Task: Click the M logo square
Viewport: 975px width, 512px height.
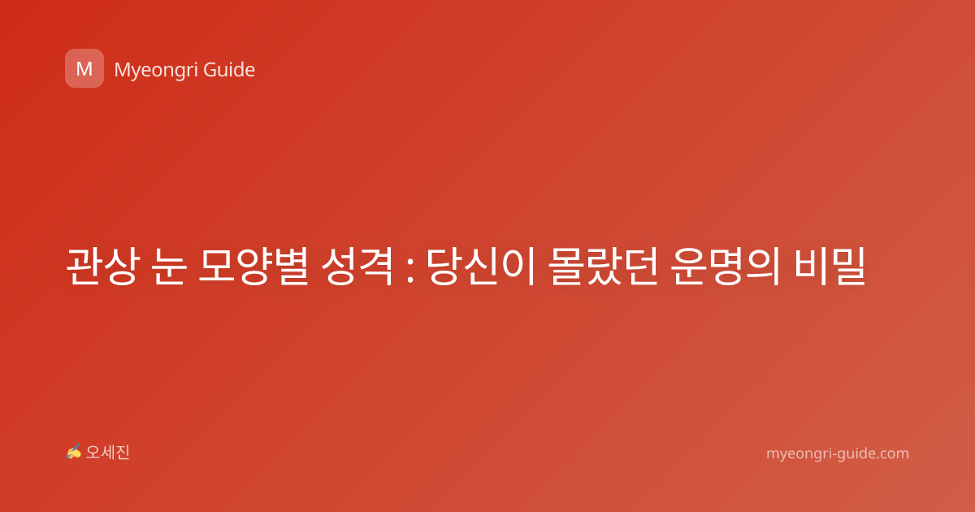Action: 84,68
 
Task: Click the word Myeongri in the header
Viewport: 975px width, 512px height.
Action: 155,71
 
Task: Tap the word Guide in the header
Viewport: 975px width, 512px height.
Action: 229,70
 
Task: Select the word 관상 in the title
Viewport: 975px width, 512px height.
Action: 102,266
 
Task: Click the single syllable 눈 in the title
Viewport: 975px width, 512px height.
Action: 169,266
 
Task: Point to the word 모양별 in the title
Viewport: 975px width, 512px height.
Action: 253,266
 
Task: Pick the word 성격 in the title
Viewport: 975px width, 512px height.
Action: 357,266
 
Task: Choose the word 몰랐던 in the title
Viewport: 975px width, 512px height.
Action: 602,266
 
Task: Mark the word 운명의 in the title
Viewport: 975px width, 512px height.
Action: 725,266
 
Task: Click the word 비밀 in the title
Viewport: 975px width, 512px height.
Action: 830,266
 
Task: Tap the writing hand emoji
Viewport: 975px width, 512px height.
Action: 74,452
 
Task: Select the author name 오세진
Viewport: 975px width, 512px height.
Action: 107,453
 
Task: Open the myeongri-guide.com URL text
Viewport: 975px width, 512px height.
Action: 838,453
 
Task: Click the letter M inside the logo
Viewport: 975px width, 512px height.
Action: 84,69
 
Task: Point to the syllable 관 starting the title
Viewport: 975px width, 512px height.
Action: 84,266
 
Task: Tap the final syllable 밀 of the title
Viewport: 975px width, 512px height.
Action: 848,266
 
